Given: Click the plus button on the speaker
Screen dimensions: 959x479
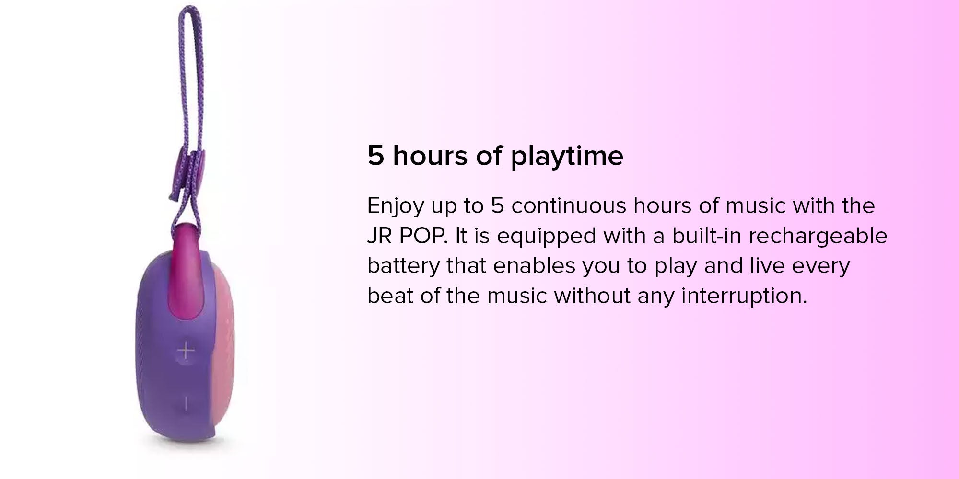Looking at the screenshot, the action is point(186,352).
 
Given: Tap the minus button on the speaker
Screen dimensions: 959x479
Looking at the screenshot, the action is point(186,403).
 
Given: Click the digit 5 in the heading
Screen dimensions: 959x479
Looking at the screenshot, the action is point(376,156).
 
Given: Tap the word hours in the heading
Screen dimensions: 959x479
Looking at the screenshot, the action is point(430,156).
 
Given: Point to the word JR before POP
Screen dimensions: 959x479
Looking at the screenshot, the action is point(380,236).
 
